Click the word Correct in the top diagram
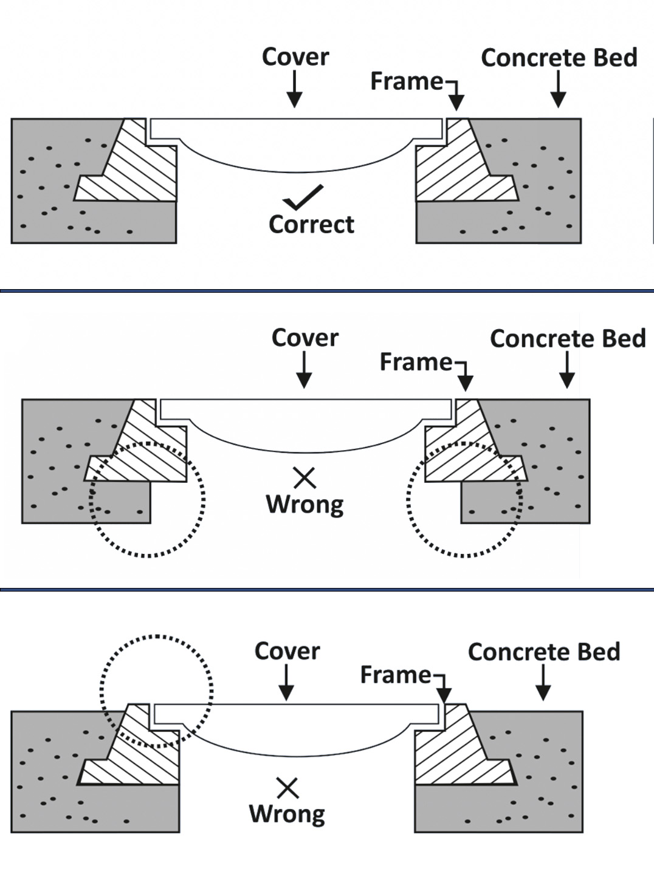(311, 224)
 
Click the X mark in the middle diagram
(305, 477)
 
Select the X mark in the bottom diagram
(287, 788)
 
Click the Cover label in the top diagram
(295, 57)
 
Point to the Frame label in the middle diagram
(416, 362)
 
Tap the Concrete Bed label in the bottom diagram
(544, 652)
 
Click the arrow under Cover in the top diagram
(295, 90)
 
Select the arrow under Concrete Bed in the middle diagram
(567, 370)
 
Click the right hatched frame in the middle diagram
(468, 449)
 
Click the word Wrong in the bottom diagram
(287, 813)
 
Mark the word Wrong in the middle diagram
(305, 504)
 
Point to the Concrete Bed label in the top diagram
(559, 58)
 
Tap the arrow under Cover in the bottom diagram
(286, 683)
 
